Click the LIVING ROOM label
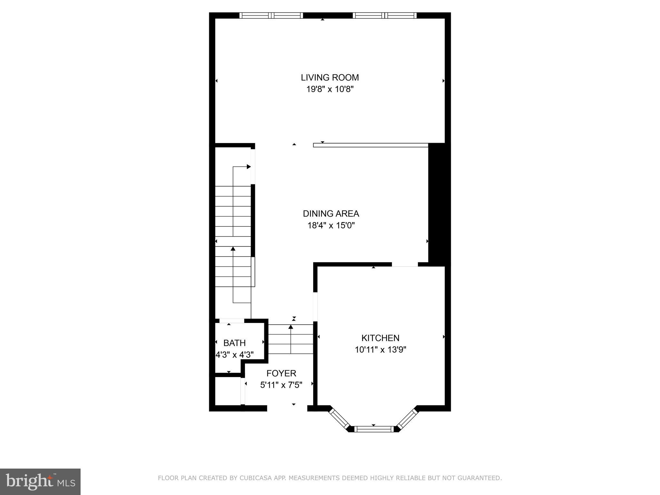(330, 78)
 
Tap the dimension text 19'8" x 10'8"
(330, 89)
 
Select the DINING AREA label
(331, 214)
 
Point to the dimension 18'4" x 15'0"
(331, 225)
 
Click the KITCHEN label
(380, 338)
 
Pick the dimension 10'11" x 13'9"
(380, 350)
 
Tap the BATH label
(234, 343)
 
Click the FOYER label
(281, 374)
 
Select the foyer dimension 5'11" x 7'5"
(281, 385)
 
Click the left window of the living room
(271, 15)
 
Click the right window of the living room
(384, 15)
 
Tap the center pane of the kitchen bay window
(374, 429)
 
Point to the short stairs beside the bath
(291, 339)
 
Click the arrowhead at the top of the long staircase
(248, 167)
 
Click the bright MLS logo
(40, 481)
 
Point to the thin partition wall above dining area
(371, 145)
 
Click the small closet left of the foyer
(228, 391)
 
